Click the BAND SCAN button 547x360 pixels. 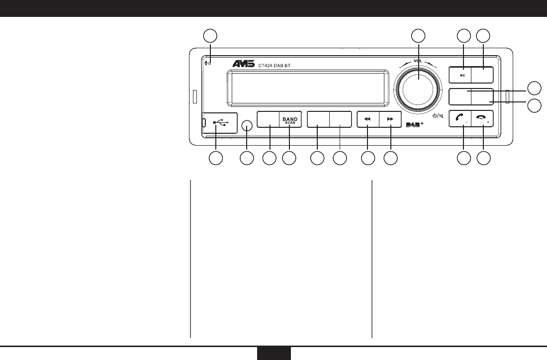tap(289, 120)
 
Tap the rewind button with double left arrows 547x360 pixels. tap(367, 120)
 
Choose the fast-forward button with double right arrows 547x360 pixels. tap(390, 120)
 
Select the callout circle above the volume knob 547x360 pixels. tap(418, 35)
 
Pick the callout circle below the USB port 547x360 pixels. tap(215, 159)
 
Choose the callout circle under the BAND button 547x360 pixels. tap(289, 159)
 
